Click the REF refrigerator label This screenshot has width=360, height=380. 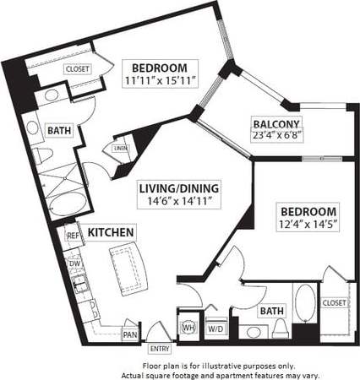click(x=73, y=236)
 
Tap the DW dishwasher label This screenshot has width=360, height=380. click(x=74, y=263)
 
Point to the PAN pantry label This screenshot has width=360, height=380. click(x=130, y=334)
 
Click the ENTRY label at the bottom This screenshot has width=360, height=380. click(x=158, y=347)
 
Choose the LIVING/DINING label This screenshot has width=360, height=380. click(x=180, y=188)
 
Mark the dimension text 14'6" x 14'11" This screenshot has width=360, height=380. click(x=180, y=202)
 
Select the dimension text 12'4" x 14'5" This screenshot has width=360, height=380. click(x=307, y=224)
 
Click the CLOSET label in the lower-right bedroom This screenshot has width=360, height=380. click(x=334, y=301)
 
